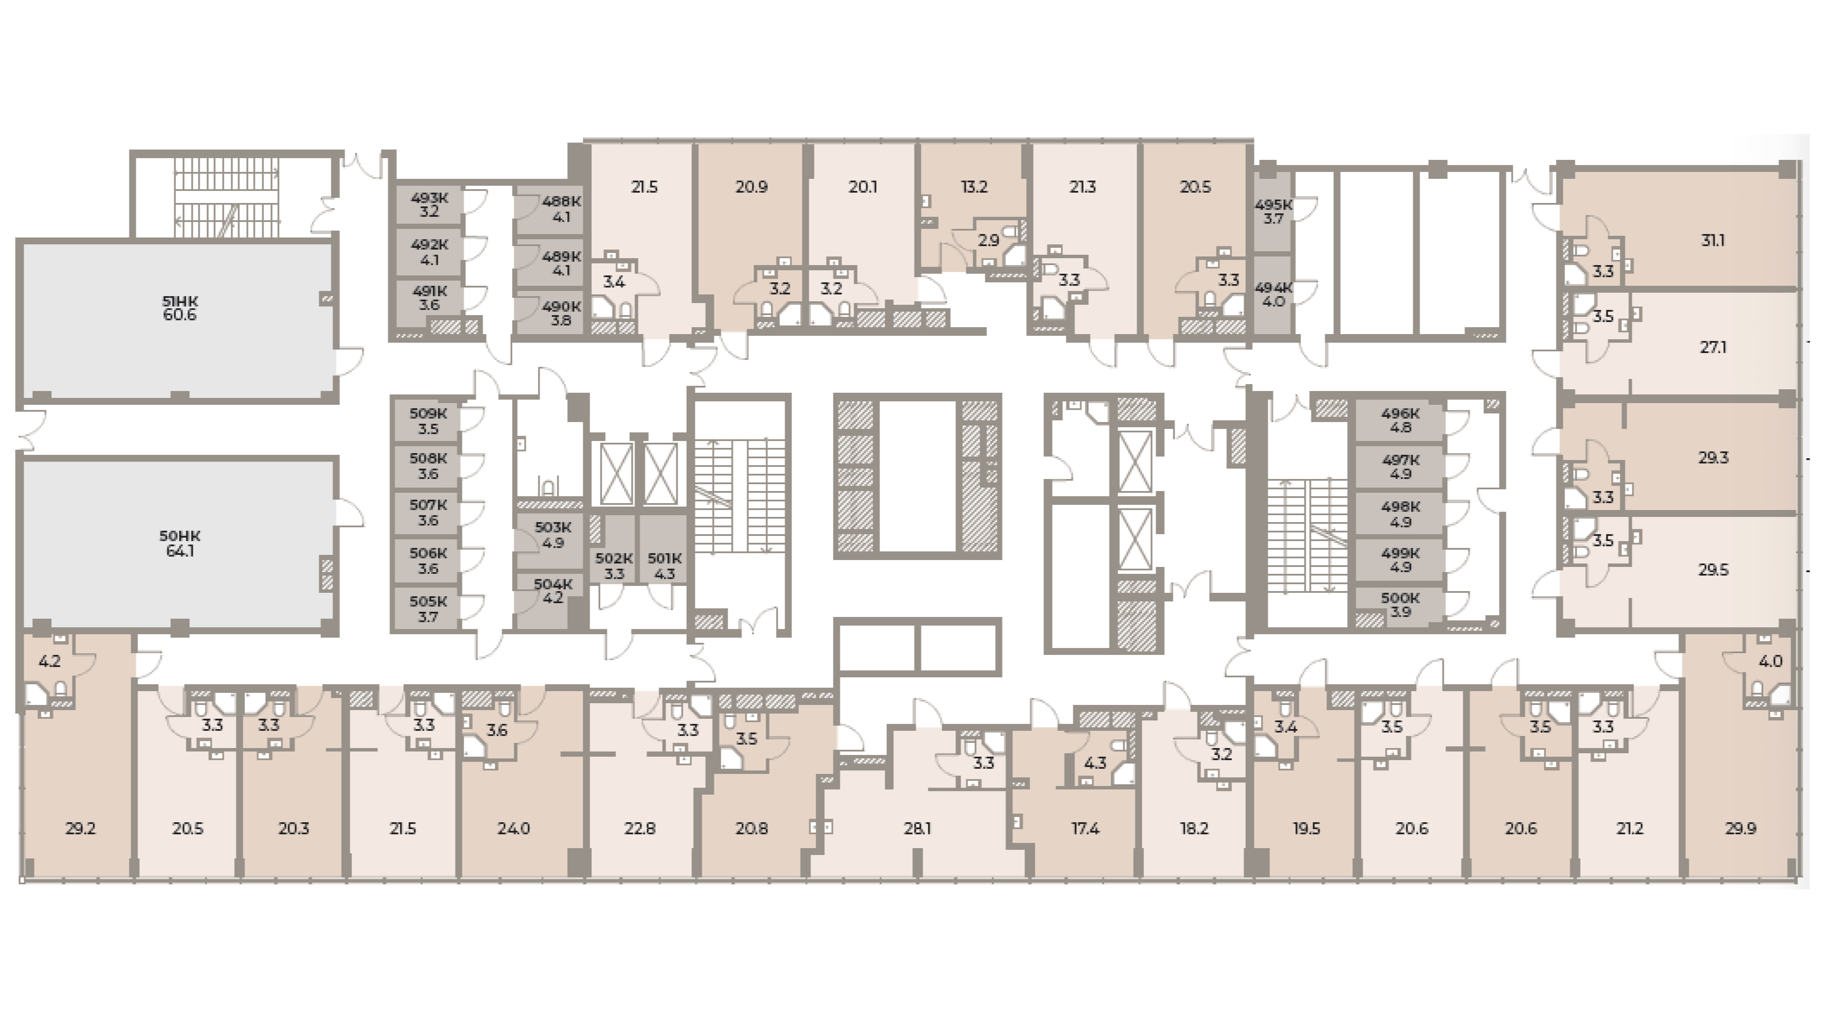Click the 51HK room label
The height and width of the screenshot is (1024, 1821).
pyautogui.click(x=179, y=308)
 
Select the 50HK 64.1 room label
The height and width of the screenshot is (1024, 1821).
pyautogui.click(x=179, y=543)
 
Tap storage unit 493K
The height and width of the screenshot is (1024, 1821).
pyautogui.click(x=429, y=204)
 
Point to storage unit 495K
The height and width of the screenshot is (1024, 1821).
pyautogui.click(x=1273, y=212)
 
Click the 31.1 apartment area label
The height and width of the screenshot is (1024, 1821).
pyautogui.click(x=1713, y=241)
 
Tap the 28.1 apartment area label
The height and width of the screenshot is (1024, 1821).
pyautogui.click(x=917, y=829)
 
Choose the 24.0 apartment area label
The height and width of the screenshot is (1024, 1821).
pyautogui.click(x=513, y=829)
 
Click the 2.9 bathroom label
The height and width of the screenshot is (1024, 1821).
pyautogui.click(x=988, y=240)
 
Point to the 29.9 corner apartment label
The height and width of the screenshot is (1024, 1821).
pyautogui.click(x=1740, y=829)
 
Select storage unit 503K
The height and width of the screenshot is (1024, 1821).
pyautogui.click(x=552, y=535)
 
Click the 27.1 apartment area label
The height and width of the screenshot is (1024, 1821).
pyautogui.click(x=1713, y=348)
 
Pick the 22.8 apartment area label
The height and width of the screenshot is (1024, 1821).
pyautogui.click(x=639, y=829)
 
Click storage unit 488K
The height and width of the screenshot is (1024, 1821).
pyautogui.click(x=561, y=209)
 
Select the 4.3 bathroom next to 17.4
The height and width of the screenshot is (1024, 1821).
pyautogui.click(x=1095, y=763)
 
